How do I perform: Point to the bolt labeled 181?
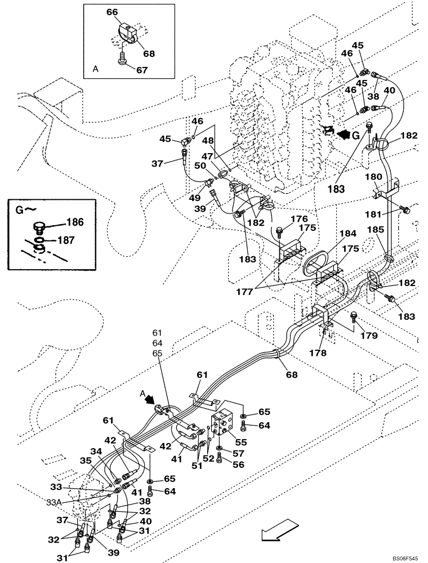click(403, 210)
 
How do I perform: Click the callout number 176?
click(299, 218)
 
